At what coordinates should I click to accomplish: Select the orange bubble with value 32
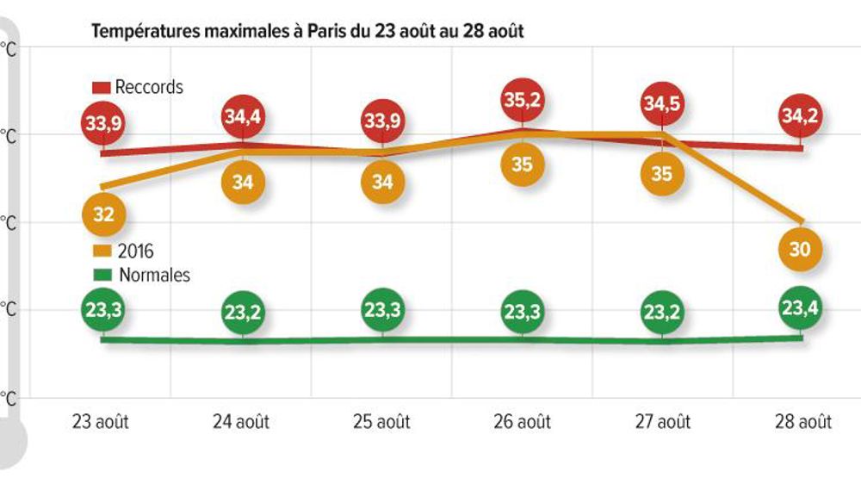click(103, 215)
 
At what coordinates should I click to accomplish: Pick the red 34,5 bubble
click(663, 105)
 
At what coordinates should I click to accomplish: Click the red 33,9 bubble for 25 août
click(383, 122)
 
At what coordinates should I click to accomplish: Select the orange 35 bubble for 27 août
click(663, 172)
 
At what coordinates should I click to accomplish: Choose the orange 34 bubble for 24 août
click(244, 182)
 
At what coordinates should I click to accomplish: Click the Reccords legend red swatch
click(102, 87)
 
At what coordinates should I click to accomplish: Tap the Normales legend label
click(152, 276)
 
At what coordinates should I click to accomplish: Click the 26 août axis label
click(522, 422)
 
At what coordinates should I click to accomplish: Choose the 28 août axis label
click(802, 422)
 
